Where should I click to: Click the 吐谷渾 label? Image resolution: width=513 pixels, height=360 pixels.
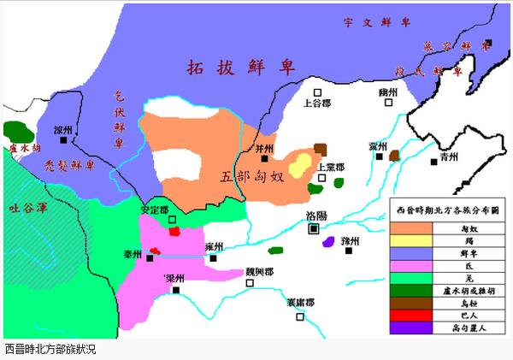26,206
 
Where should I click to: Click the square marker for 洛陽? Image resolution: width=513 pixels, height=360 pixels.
314,228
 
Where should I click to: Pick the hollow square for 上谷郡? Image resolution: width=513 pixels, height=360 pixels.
317,92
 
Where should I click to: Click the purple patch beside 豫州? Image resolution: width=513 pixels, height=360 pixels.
328,242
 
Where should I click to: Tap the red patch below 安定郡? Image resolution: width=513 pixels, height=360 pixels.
174,230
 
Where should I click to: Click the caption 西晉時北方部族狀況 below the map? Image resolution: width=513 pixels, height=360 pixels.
51,350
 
